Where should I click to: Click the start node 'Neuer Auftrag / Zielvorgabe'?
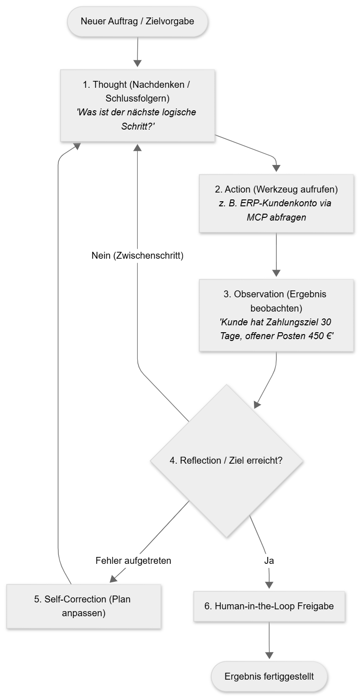(x=137, y=22)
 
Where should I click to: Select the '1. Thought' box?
(x=137, y=106)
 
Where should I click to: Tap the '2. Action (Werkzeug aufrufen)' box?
(x=276, y=204)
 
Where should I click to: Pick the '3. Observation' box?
(x=276, y=315)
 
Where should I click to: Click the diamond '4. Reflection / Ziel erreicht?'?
(x=226, y=460)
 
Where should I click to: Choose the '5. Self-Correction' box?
(x=84, y=606)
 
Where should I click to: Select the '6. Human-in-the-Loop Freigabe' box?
(x=269, y=606)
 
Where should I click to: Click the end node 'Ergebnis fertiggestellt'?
(x=269, y=676)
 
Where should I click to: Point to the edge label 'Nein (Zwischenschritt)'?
(x=137, y=255)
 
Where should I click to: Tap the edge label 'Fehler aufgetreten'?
(x=133, y=561)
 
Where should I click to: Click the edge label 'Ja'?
(x=269, y=561)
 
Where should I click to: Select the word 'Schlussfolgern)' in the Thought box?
(x=137, y=98)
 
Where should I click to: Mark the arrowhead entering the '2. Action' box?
(x=276, y=168)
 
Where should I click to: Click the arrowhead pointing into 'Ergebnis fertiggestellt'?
(x=269, y=655)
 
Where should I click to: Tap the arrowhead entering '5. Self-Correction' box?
(x=113, y=579)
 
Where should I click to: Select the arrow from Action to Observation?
(x=276, y=254)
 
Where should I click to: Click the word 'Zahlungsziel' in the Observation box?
(x=288, y=322)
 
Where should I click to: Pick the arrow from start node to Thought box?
(x=137, y=52)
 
